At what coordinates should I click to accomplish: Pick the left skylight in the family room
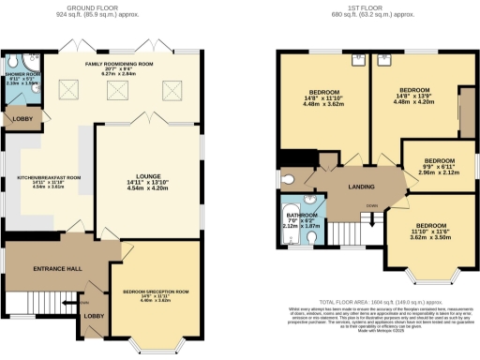68,89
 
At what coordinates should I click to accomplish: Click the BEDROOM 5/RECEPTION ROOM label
156,294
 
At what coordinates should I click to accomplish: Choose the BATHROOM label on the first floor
302,220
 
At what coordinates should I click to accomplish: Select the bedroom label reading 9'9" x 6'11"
439,165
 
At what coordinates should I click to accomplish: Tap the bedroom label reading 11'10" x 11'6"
431,231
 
